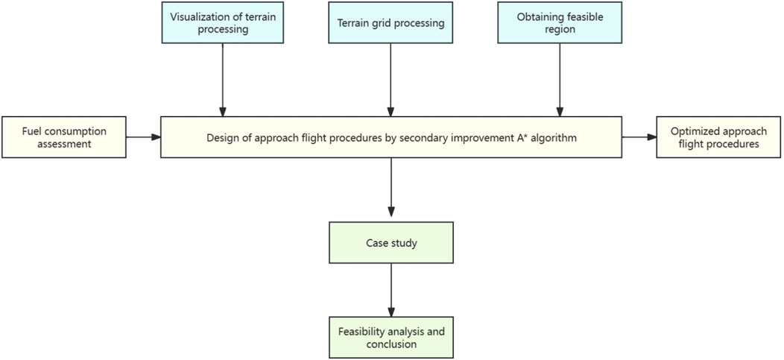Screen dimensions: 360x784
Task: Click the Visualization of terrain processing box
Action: click(x=221, y=23)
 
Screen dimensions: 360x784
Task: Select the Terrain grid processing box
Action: click(x=390, y=23)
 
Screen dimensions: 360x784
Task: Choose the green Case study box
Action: click(x=390, y=243)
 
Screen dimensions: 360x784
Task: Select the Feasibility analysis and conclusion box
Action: click(x=390, y=337)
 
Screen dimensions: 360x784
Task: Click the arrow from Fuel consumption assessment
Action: click(x=142, y=137)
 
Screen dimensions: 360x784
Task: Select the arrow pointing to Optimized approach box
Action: click(x=639, y=137)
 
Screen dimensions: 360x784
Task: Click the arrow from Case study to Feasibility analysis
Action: click(x=390, y=290)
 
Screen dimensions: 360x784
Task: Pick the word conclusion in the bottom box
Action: click(x=390, y=344)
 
